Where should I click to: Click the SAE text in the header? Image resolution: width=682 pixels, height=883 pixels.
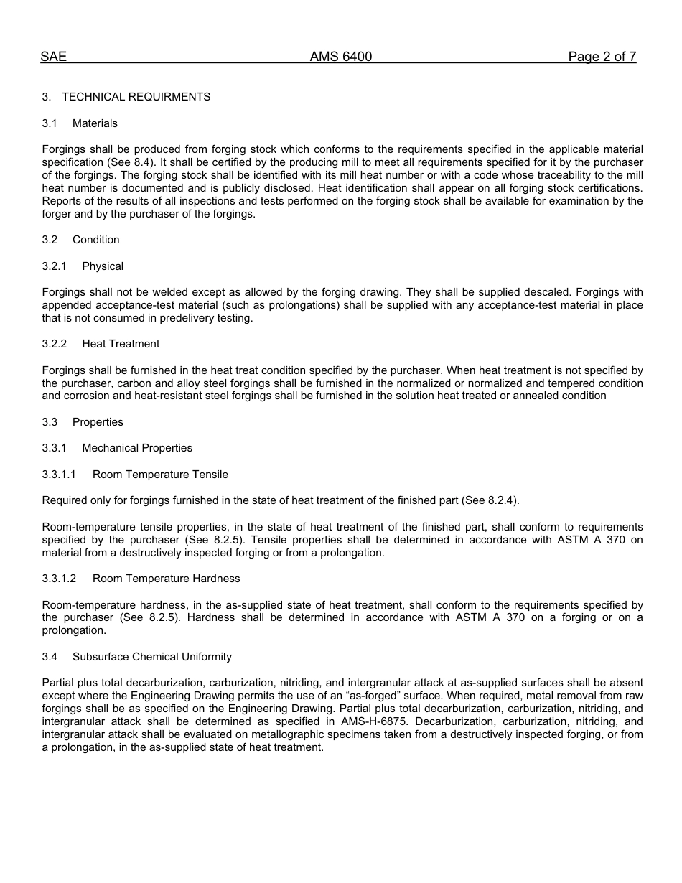(54, 57)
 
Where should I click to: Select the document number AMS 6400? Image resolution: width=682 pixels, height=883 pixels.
(341, 57)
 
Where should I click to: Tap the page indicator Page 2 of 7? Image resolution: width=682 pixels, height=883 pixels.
(602, 57)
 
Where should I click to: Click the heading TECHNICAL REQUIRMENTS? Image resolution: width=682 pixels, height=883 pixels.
(136, 97)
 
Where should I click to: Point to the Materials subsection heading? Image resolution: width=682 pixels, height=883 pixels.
(95, 123)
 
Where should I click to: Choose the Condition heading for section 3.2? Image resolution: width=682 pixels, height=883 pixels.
(95, 240)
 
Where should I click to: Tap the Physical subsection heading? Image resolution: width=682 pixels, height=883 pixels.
(103, 266)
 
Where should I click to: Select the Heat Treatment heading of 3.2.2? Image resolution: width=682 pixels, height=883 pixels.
(121, 344)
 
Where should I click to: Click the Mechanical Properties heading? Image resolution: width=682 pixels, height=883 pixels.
(137, 448)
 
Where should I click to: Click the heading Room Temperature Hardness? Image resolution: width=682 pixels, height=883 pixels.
(166, 579)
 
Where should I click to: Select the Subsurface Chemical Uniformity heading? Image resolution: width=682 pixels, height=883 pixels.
(151, 657)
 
